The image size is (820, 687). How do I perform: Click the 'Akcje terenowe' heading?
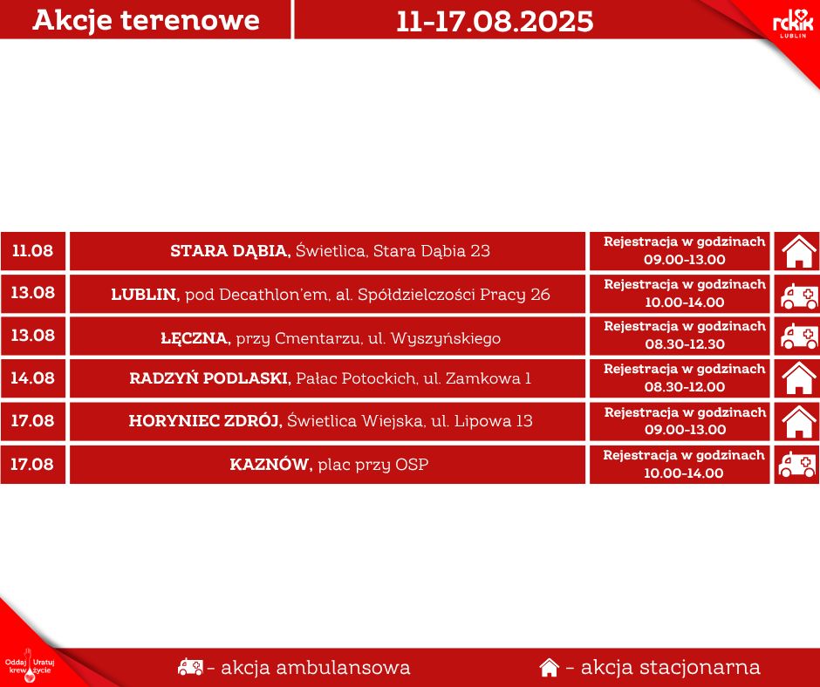point(146,20)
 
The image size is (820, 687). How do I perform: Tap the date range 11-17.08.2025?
point(495,21)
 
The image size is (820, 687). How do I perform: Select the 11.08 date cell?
point(32,251)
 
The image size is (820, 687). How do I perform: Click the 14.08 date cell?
point(32,378)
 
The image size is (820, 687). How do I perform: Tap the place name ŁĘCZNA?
point(195,337)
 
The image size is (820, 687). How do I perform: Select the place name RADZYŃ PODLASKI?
point(209,378)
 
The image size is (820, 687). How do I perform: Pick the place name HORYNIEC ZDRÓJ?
point(206,421)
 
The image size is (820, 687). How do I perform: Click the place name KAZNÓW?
point(270,465)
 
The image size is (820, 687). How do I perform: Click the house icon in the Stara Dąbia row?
point(796,251)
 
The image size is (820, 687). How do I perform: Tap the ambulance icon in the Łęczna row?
point(796,336)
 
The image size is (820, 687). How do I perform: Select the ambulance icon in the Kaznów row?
point(796,465)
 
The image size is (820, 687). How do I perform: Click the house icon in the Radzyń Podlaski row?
point(796,378)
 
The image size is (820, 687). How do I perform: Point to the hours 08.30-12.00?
point(685,387)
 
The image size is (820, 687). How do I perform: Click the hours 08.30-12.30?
point(685,344)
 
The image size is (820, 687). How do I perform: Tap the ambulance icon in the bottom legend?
point(190,668)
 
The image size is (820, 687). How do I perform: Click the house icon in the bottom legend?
point(549,668)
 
